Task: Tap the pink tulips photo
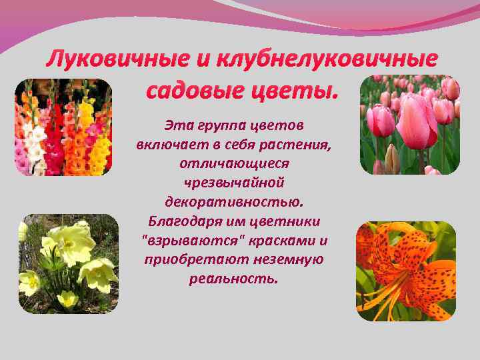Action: [409, 125]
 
